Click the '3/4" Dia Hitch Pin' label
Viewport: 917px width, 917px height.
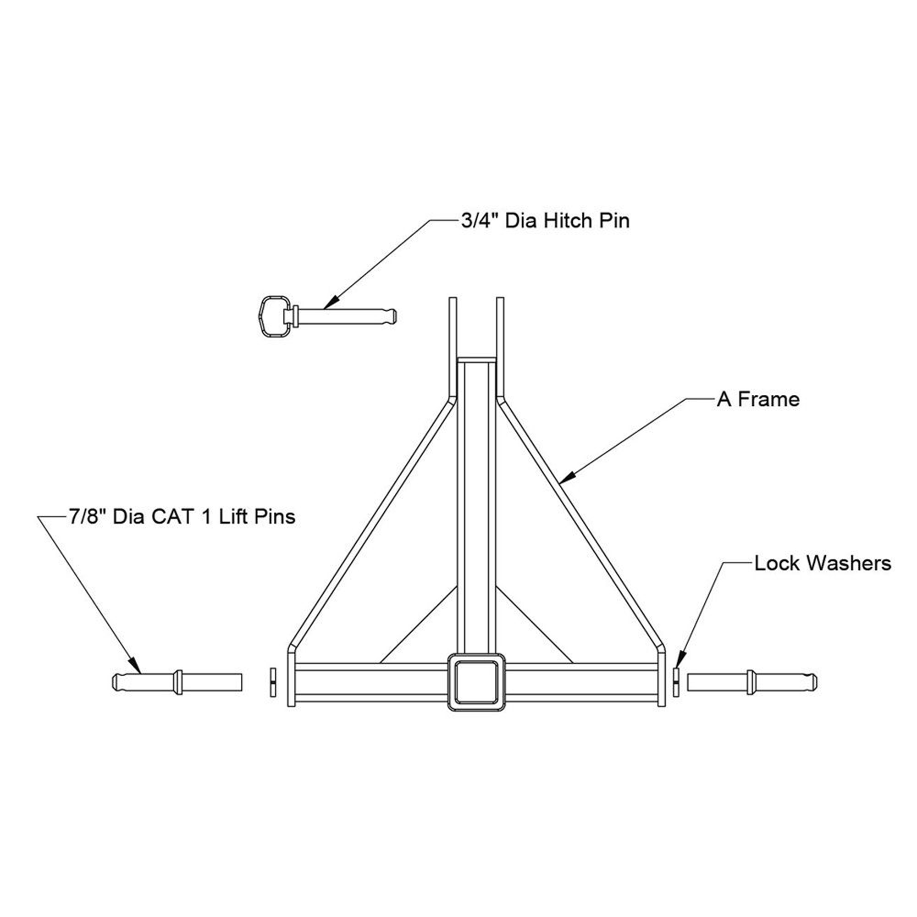point(545,221)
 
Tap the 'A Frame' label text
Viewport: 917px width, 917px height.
point(758,399)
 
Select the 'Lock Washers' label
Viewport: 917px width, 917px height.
point(823,563)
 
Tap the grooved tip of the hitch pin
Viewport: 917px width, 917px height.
point(392,316)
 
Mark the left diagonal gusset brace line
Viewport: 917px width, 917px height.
point(418,625)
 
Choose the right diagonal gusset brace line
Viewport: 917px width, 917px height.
point(535,625)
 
